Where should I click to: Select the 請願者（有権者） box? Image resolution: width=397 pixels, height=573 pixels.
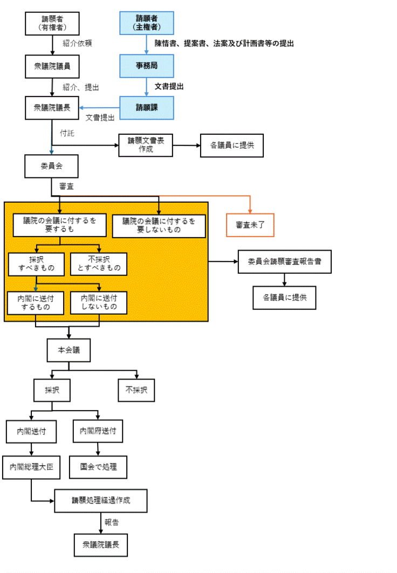coord(52,23)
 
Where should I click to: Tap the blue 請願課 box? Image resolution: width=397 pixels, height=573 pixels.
coord(147,107)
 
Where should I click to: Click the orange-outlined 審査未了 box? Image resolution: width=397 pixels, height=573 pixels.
coord(250,225)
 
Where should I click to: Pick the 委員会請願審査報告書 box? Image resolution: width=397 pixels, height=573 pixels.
coord(284,262)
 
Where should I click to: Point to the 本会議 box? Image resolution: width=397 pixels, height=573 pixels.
coord(69,350)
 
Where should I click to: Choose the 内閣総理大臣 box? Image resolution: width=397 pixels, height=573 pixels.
coord(31,466)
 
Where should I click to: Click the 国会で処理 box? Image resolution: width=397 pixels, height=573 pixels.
coord(98,466)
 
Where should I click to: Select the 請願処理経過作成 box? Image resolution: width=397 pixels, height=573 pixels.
coord(101,501)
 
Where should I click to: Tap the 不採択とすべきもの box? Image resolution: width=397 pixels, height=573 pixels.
coord(99,264)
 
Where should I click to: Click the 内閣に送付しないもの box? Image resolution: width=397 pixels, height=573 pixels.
coord(99,302)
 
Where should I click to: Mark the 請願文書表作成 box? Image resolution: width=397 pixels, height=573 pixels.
coord(146,144)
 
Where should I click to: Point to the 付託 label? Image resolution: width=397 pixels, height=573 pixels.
coord(67,132)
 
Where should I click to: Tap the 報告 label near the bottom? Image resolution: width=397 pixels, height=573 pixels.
coord(112,522)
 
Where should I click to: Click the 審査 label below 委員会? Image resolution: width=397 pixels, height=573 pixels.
coord(67,187)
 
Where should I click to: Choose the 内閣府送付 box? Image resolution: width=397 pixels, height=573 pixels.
coord(98,431)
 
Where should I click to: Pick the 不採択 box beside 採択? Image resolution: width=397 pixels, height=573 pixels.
coord(136,390)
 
